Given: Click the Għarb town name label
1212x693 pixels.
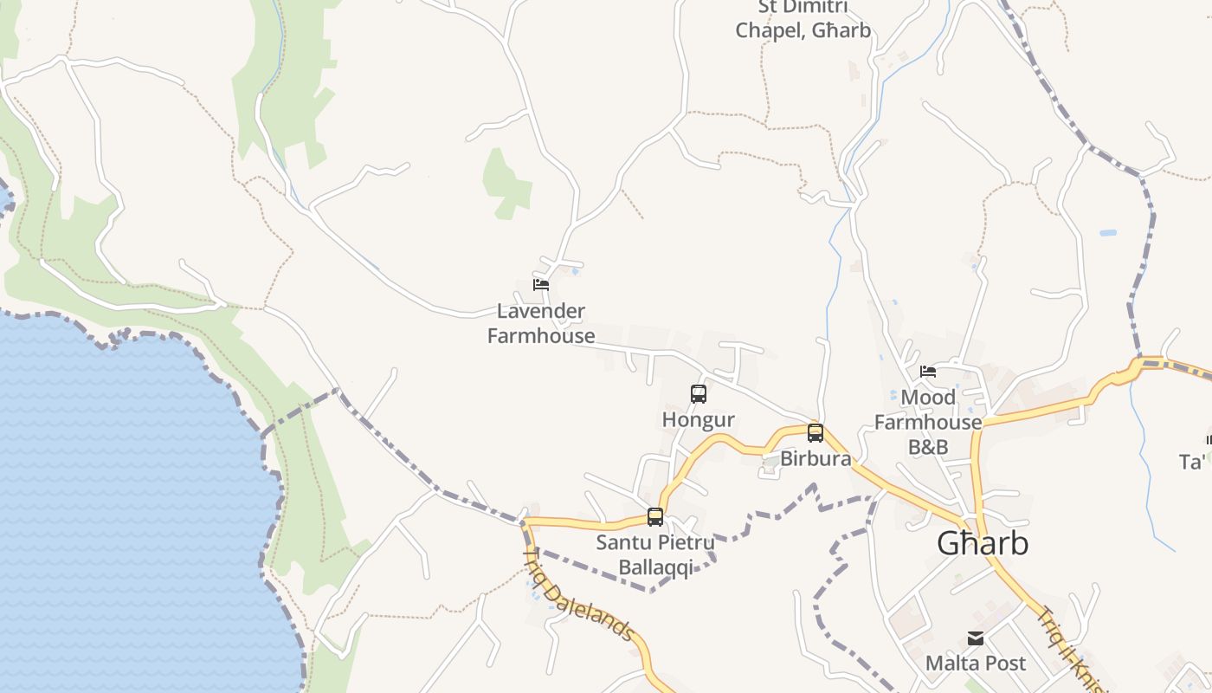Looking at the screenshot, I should [x=983, y=543].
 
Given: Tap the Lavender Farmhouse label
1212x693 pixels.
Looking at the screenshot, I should [x=541, y=323].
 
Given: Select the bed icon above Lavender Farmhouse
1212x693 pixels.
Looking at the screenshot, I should [x=541, y=284].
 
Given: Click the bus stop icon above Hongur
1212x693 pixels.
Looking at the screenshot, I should [x=699, y=394].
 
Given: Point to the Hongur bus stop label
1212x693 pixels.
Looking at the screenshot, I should [x=698, y=420].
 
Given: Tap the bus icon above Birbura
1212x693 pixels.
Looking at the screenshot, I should [x=815, y=433].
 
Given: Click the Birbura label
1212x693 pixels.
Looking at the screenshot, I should [x=816, y=458].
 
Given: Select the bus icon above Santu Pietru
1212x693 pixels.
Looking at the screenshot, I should [x=655, y=517].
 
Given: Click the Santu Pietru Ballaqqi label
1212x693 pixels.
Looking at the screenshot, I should [x=655, y=555].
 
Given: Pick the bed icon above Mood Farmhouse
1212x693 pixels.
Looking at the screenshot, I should [x=928, y=372].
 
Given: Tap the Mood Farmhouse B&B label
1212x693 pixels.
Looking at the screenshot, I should [x=928, y=422].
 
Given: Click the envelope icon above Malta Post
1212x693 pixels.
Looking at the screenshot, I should [x=976, y=639].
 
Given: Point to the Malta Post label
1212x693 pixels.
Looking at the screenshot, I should [x=976, y=664].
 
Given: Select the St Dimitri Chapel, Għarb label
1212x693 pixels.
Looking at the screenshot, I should [x=803, y=19].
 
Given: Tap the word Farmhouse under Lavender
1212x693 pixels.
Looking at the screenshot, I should [x=541, y=336].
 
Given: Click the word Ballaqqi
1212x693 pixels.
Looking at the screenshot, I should [x=655, y=568].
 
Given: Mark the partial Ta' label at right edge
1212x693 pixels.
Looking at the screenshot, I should [x=1193, y=463].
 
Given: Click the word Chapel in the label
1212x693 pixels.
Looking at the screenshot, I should [x=769, y=31].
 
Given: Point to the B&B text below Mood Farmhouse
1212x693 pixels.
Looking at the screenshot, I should [x=928, y=447].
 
